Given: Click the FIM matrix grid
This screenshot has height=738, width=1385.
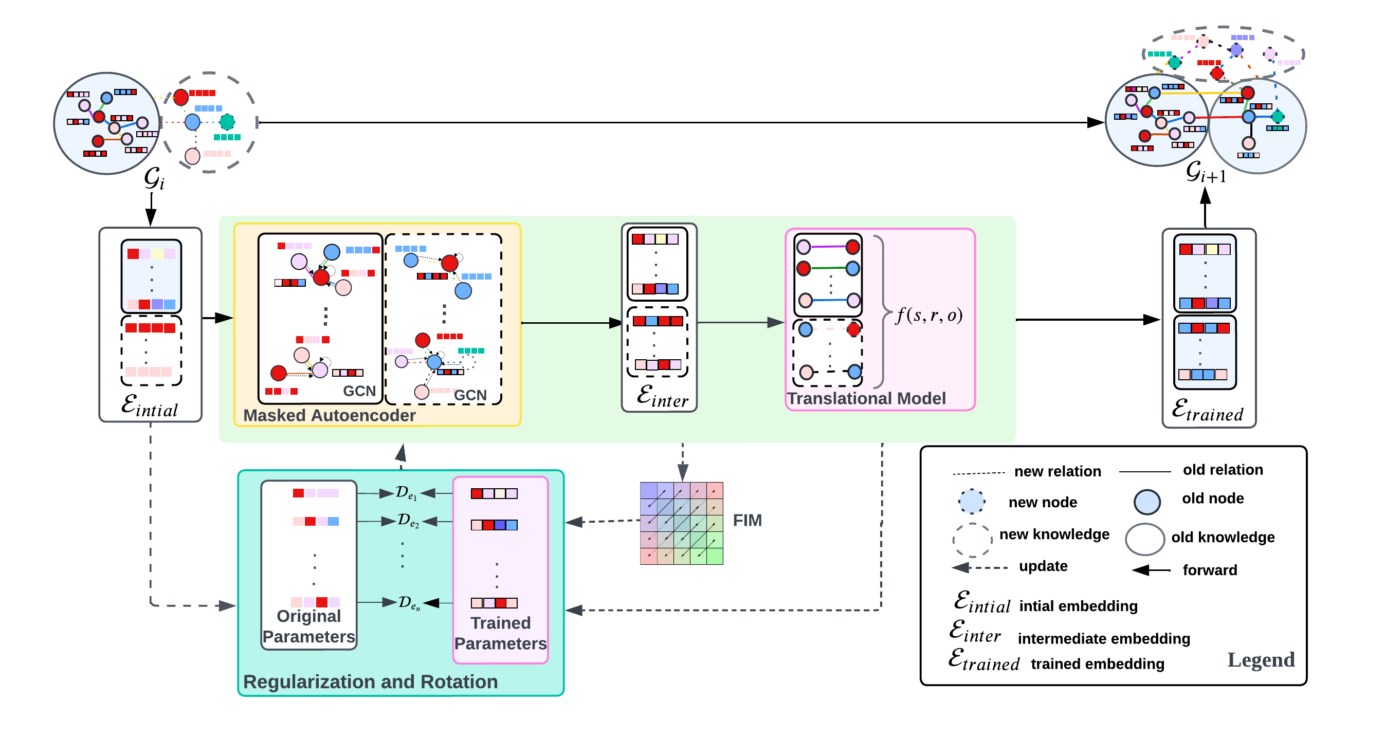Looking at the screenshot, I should click(x=681, y=523).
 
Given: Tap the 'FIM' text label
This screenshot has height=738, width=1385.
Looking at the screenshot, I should click(x=747, y=520).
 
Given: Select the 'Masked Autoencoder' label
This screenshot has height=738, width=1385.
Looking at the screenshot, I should click(x=329, y=415).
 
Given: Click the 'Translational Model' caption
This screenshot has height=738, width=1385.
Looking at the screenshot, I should click(x=866, y=398).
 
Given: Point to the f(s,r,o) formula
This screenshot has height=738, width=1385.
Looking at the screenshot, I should click(x=928, y=315).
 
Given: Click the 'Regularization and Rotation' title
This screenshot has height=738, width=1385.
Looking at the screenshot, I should click(x=370, y=681).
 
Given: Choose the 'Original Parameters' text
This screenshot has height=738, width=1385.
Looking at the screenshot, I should click(x=308, y=626).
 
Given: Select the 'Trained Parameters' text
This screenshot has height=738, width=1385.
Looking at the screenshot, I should click(x=500, y=633).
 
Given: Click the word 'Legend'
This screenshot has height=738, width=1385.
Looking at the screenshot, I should click(x=1260, y=659).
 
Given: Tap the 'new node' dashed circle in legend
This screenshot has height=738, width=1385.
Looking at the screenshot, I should click(x=971, y=502).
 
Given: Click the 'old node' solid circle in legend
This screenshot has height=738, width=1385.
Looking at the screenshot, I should click(x=1146, y=502).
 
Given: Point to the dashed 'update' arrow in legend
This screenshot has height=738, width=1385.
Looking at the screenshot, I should click(x=979, y=567).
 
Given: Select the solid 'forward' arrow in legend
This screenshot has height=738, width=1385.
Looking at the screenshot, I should click(x=1151, y=570).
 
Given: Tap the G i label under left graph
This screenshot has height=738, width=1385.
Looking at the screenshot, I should click(x=154, y=178).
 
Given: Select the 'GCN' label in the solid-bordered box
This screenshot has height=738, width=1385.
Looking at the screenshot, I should click(x=359, y=391).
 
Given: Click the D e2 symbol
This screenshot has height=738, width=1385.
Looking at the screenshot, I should click(x=408, y=520).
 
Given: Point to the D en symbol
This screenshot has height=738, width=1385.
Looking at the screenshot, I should click(x=409, y=603).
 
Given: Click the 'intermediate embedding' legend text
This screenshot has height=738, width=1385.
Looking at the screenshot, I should click(x=1103, y=639).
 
